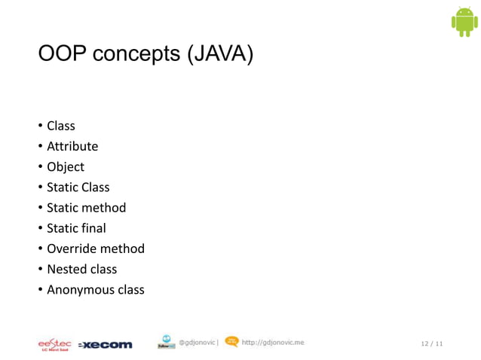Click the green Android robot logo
[x=464, y=22]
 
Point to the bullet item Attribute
[x=72, y=146]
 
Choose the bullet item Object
[x=66, y=166]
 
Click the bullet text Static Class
[x=78, y=187]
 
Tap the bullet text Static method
[x=86, y=207]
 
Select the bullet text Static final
[x=76, y=227]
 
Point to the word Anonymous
[x=78, y=289]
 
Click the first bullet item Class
[x=61, y=126]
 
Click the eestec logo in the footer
[x=54, y=344]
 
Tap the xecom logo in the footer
[x=106, y=345]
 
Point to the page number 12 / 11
[x=431, y=344]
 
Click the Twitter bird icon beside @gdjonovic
[x=166, y=343]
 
